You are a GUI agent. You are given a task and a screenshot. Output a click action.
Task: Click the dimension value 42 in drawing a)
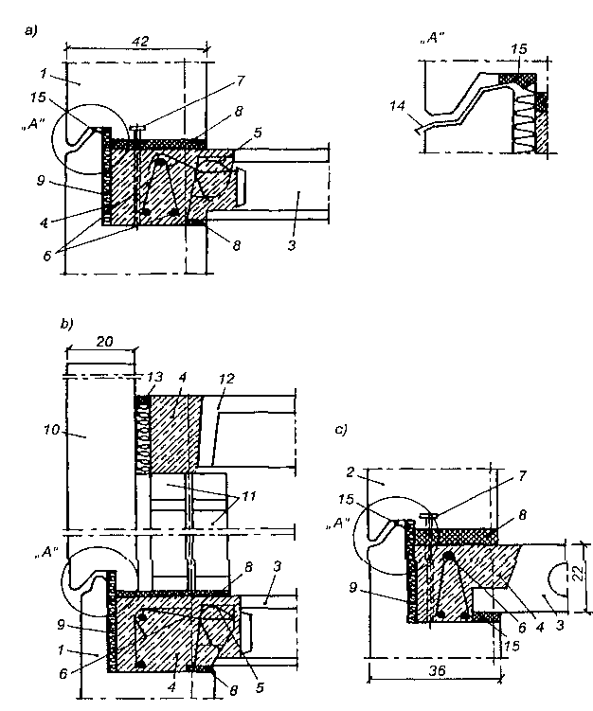click(140, 42)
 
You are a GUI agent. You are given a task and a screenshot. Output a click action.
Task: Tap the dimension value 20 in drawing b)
click(104, 342)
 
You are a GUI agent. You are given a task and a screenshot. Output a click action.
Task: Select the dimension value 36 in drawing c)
click(438, 670)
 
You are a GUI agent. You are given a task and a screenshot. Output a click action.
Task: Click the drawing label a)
click(31, 31)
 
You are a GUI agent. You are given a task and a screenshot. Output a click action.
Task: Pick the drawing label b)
click(66, 324)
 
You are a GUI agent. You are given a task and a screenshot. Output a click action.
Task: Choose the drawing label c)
click(341, 429)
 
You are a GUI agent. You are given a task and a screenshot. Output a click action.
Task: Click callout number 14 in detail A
click(397, 106)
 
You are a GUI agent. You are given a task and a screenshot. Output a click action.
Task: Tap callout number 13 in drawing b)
click(155, 377)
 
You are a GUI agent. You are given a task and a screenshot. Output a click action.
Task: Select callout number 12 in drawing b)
click(226, 378)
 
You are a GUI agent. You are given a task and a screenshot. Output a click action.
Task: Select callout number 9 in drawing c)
click(353, 588)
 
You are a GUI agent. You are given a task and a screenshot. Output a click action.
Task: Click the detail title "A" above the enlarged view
click(432, 38)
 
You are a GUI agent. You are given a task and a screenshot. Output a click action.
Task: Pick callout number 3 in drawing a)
click(292, 245)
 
